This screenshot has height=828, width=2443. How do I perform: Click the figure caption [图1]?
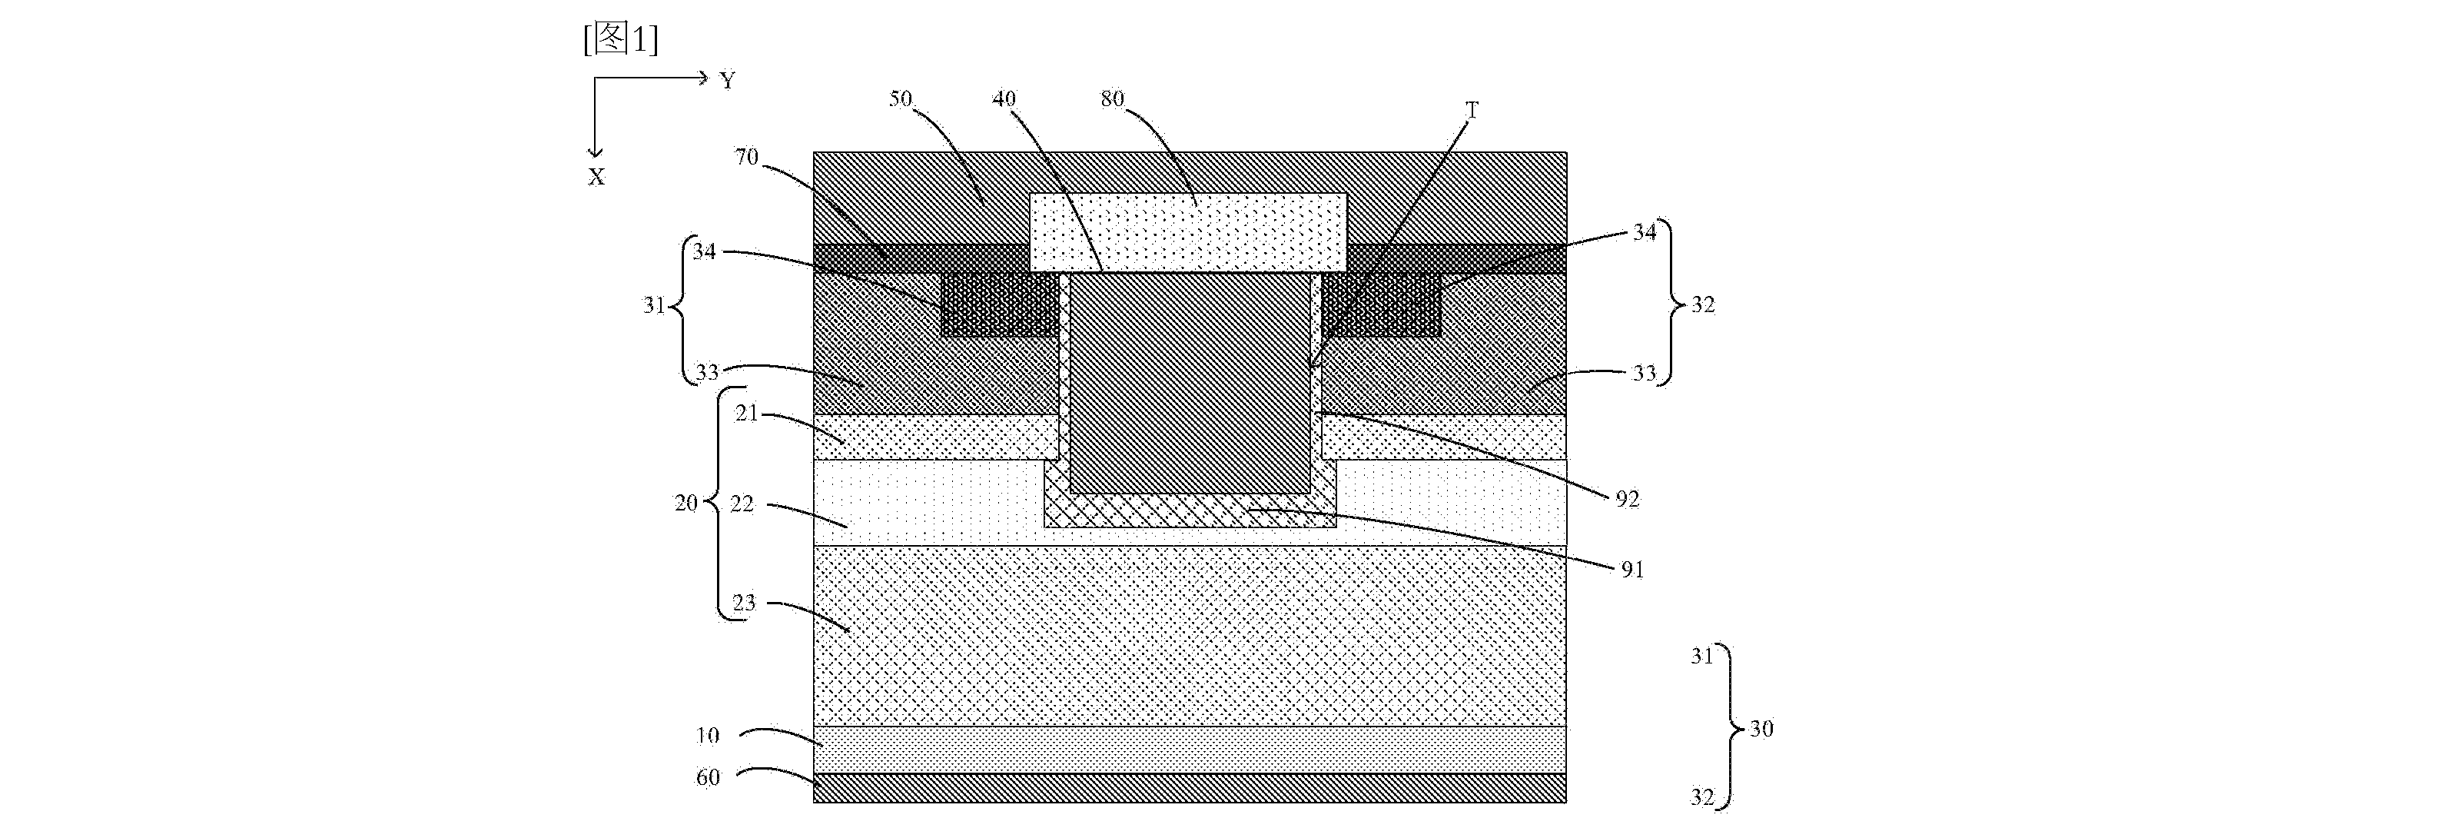coord(620,39)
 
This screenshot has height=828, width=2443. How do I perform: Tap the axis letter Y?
coord(728,81)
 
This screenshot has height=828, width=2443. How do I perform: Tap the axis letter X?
coord(596,176)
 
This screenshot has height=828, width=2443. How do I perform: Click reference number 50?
coord(900,98)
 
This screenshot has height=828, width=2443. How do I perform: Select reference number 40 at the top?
coord(1004,98)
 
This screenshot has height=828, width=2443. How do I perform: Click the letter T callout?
coord(1472,111)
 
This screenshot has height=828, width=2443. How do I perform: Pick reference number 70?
coord(746,157)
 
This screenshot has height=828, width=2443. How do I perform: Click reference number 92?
coord(1628,499)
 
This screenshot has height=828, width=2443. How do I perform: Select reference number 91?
coord(1631,569)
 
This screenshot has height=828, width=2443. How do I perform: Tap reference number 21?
coord(746,413)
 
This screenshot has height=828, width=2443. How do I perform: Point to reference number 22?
coord(742,504)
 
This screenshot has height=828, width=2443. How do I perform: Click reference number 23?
coord(744,602)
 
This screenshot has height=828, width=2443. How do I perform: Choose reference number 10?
coord(708,735)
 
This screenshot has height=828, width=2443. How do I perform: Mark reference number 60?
coord(708,778)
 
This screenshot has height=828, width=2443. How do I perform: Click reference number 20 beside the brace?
coord(685,503)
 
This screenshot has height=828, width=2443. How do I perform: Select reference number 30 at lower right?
coord(1761,728)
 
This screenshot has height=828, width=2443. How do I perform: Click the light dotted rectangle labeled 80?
coord(1187,232)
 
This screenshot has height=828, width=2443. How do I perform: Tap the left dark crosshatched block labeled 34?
coord(1000,304)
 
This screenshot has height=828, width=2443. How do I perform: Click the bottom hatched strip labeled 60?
coord(1190,788)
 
